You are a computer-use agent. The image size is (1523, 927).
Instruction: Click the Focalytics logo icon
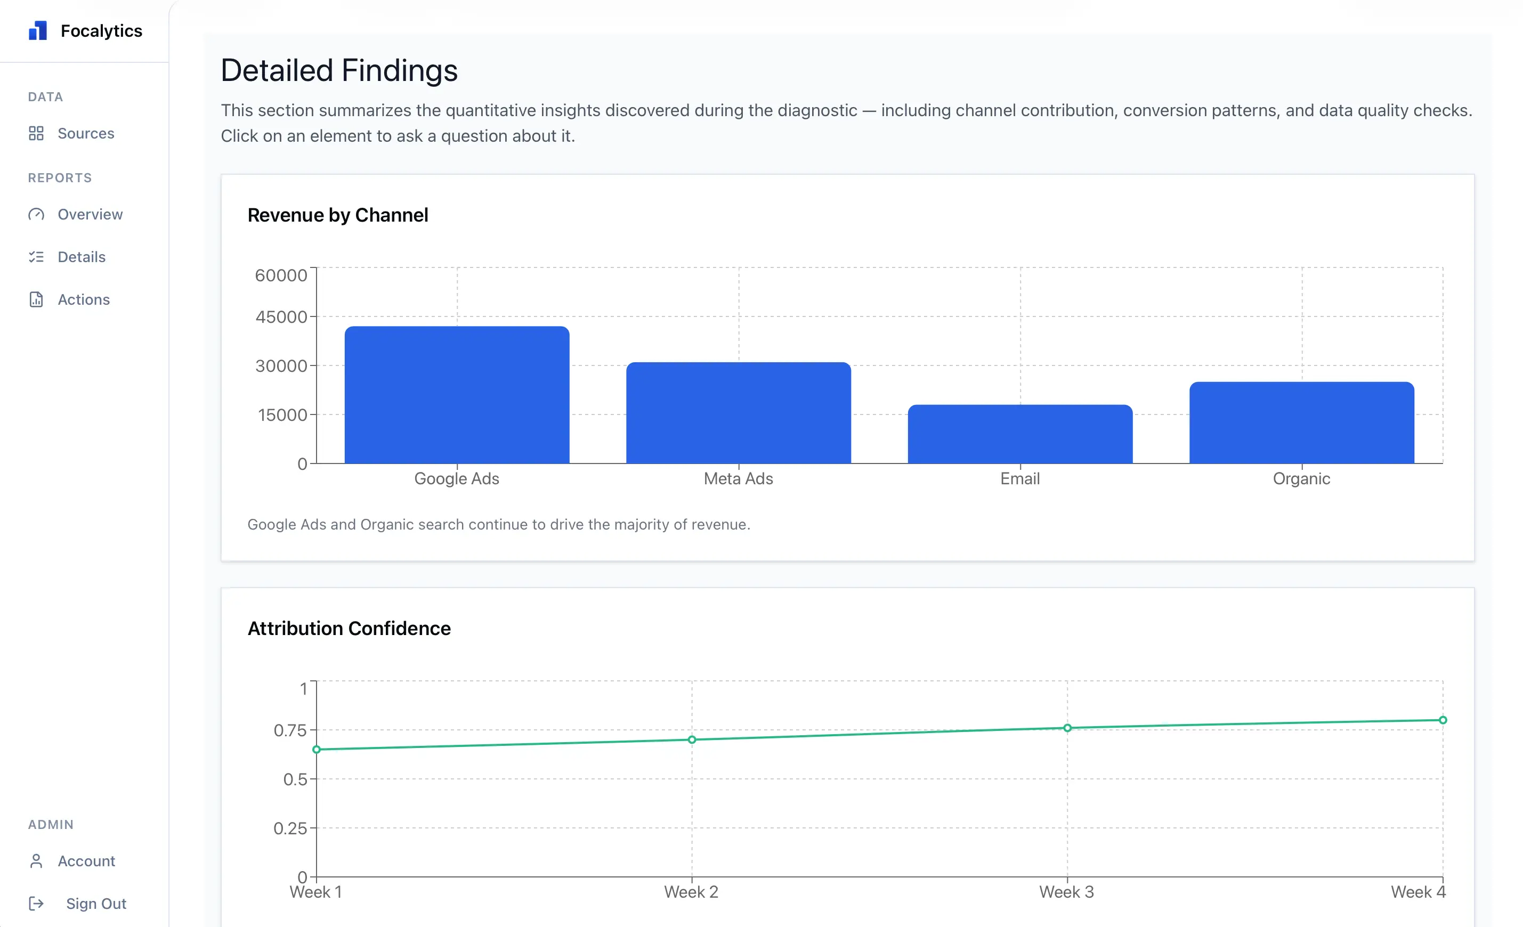(38, 30)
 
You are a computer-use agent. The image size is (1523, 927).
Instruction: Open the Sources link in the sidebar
(85, 134)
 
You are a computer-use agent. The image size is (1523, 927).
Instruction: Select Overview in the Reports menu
(90, 215)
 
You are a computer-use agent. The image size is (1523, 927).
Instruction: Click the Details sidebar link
(81, 257)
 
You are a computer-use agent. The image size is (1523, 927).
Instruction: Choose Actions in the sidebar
(84, 300)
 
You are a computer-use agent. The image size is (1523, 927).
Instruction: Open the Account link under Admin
(86, 861)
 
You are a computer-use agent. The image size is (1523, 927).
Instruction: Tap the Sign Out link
(96, 904)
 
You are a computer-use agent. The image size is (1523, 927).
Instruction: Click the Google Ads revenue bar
(457, 395)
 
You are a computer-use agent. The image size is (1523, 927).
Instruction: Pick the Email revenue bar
(1020, 434)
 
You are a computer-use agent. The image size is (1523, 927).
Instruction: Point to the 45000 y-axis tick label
(281, 317)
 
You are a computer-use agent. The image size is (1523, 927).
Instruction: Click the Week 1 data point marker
(317, 750)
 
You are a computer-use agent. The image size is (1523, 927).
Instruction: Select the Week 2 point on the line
(692, 740)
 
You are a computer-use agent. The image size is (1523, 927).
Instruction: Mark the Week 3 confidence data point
(1067, 728)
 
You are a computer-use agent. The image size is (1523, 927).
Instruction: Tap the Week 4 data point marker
(1442, 720)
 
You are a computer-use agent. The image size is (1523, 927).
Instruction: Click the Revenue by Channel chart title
(337, 215)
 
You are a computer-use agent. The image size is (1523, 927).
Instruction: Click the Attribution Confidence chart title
(349, 629)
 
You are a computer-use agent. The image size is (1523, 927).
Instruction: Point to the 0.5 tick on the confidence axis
(295, 779)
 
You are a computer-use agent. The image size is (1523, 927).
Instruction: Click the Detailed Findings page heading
(339, 70)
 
